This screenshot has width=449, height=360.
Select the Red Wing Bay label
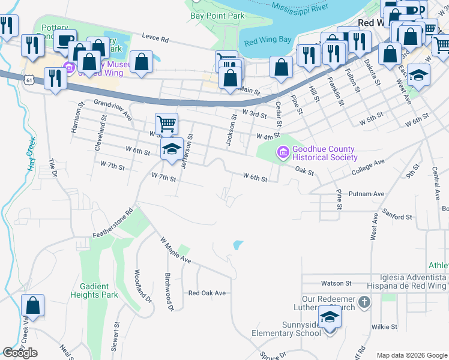point(268,40)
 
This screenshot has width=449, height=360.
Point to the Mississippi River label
point(313,8)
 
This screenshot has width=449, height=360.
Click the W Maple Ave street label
point(175,251)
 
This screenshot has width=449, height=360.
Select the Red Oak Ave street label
point(206,293)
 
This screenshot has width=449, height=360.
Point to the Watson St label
point(336,283)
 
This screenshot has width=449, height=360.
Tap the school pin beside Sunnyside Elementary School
point(330,317)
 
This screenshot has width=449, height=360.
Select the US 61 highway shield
point(28,78)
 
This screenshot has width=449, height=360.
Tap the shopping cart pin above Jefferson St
point(167,124)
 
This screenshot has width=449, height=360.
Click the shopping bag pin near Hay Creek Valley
point(33,306)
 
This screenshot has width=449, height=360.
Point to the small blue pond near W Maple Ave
point(238,245)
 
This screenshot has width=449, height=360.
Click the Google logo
point(20,353)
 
